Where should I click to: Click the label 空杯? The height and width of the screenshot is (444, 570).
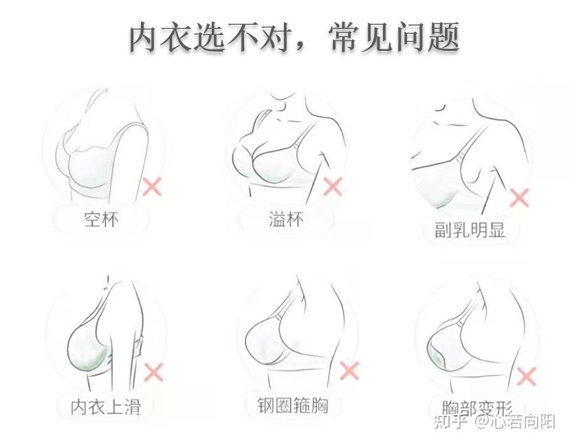point(102,220)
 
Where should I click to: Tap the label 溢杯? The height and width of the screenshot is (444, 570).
point(286,220)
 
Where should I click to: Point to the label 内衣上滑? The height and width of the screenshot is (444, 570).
point(106,407)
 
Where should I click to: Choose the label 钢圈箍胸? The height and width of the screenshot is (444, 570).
point(287,406)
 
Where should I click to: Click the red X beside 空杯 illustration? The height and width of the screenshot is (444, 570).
point(151,186)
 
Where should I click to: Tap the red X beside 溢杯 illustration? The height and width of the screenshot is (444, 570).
point(333,186)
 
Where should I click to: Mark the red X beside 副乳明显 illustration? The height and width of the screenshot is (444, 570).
point(519,198)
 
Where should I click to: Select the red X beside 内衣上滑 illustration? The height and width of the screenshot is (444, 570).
point(153,373)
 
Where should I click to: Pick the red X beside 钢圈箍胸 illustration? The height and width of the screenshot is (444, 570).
point(350,371)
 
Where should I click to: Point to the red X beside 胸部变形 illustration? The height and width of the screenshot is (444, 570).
point(526,376)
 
